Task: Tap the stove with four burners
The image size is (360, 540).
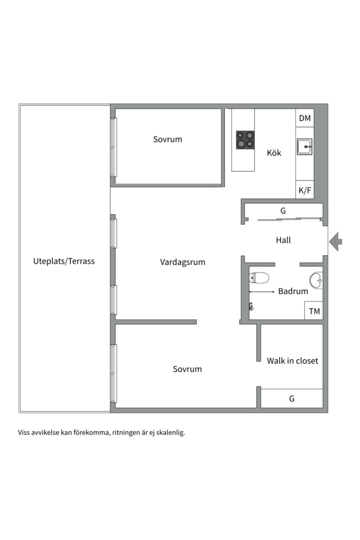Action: click(245, 140)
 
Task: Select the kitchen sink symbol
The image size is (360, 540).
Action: click(304, 147)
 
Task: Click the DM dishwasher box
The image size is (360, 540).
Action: click(304, 118)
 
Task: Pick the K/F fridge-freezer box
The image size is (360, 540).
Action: click(304, 190)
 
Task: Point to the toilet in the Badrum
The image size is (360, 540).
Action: click(259, 278)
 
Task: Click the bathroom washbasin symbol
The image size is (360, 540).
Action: click(316, 280)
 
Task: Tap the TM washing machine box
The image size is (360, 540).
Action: click(314, 311)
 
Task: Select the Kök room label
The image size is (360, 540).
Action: click(274, 153)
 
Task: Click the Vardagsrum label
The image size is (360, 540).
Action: click(182, 262)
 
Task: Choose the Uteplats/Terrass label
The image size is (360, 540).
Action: click(63, 261)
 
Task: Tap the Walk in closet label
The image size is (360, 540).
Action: click(292, 360)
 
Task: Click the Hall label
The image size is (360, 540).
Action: click(283, 240)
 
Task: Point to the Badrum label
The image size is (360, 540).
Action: click(293, 291)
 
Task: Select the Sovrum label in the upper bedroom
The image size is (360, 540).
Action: click(167, 139)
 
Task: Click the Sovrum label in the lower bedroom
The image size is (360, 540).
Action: click(187, 369)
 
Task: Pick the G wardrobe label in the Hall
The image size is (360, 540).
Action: click(283, 211)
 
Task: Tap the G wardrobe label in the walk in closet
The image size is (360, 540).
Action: click(291, 399)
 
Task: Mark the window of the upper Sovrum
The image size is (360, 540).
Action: click(113, 147)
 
